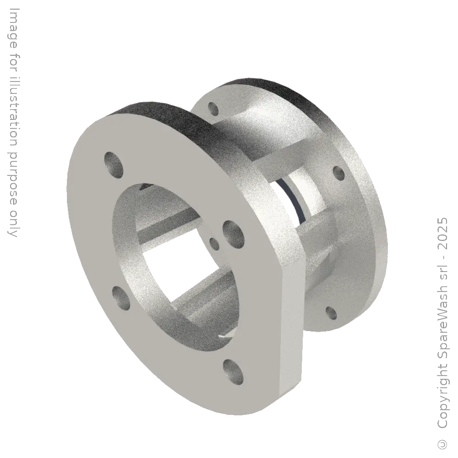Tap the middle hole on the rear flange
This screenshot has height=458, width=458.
[x=338, y=173]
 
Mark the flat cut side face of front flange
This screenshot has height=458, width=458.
[x=293, y=330]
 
